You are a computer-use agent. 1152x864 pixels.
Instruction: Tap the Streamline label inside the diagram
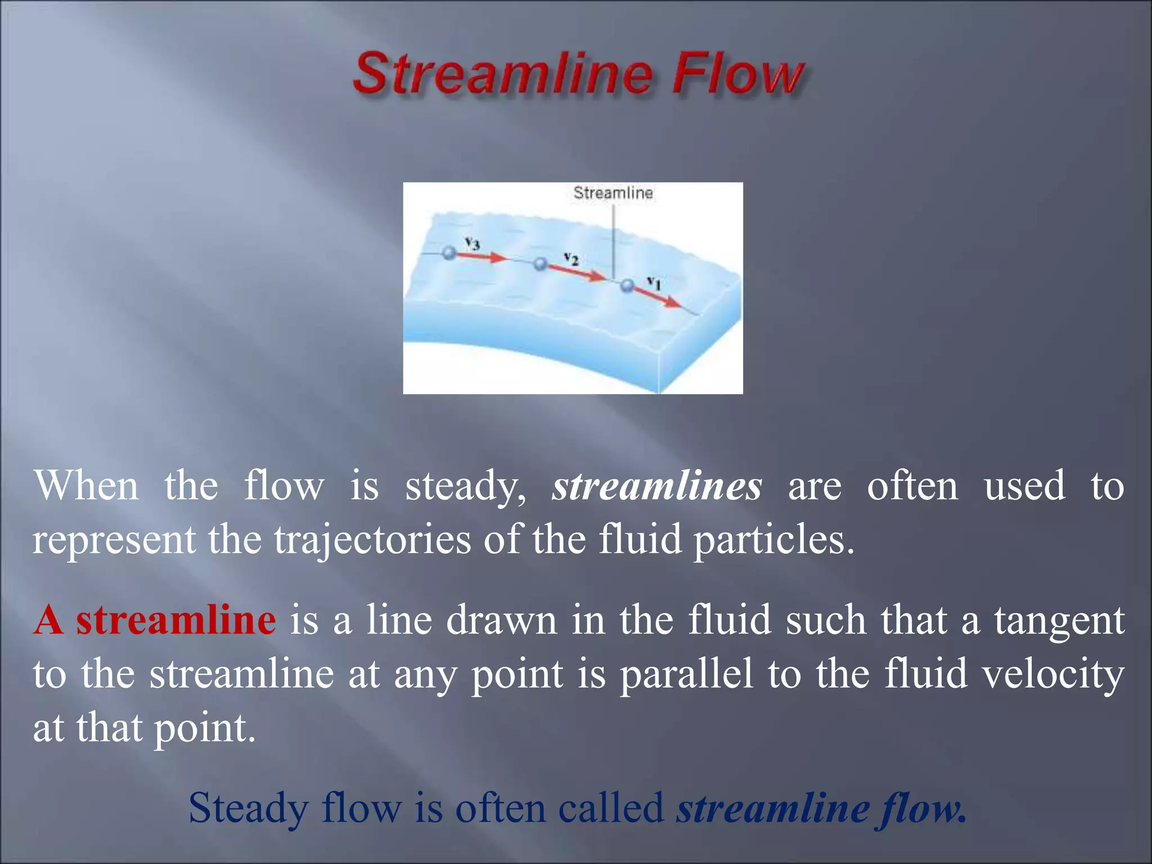click(x=613, y=193)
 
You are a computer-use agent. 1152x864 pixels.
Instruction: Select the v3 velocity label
click(x=472, y=244)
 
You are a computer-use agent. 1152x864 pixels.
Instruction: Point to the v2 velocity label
click(x=571, y=259)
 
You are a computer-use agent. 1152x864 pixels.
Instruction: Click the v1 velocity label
click(x=654, y=282)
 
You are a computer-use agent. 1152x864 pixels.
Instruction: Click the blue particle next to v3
click(x=448, y=253)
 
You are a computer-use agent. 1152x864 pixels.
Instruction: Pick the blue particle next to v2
click(x=540, y=263)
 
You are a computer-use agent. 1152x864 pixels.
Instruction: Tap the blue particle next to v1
click(x=627, y=286)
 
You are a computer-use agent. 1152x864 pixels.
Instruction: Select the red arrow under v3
click(x=481, y=257)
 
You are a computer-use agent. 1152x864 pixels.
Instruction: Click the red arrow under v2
click(x=577, y=273)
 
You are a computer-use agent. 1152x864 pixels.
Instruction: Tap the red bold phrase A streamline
click(x=155, y=620)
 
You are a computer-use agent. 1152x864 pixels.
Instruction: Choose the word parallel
click(x=686, y=674)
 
